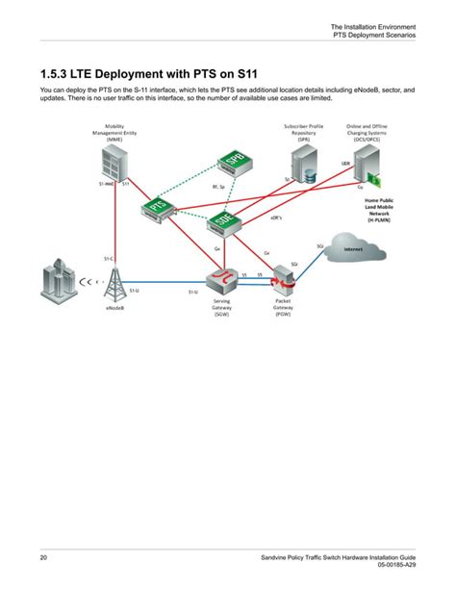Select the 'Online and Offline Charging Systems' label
coord(368,132)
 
